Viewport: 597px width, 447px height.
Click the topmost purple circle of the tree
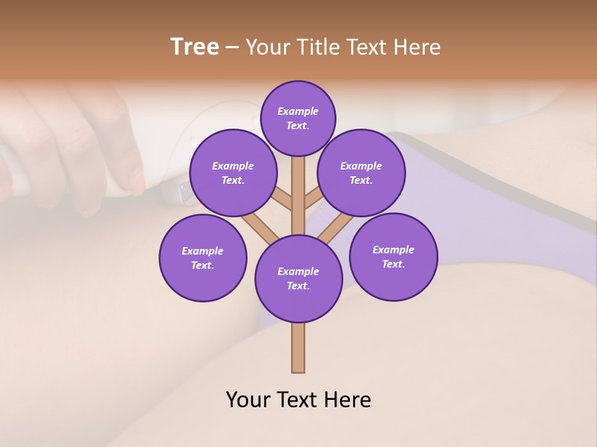[298, 118]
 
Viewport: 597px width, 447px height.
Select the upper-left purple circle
[233, 173]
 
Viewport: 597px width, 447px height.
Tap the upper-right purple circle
[361, 173]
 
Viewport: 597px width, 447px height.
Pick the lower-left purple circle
[203, 258]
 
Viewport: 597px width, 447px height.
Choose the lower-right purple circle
[394, 256]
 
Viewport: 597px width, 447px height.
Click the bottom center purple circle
[298, 278]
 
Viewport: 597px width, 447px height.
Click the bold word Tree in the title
[195, 47]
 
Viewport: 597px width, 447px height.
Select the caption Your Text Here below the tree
[298, 400]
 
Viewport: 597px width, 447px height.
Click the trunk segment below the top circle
[298, 186]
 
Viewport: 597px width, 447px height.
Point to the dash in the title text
[232, 48]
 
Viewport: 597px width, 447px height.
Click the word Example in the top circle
[298, 111]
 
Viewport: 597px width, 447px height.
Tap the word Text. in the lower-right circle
[393, 264]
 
